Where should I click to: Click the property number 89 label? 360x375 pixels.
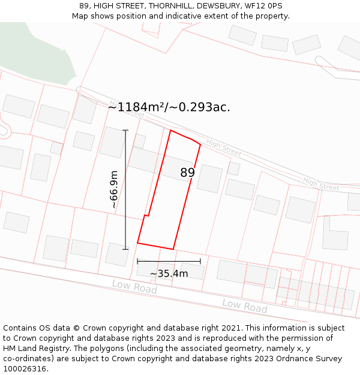point(188,173)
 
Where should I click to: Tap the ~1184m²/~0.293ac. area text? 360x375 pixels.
point(169,107)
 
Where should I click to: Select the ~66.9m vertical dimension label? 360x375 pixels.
point(113,190)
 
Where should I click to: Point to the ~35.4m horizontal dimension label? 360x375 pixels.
point(169,274)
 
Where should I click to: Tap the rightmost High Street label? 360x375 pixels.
point(321,184)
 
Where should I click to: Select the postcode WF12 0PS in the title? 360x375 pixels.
point(263,6)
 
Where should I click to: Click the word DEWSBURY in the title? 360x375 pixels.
point(218,6)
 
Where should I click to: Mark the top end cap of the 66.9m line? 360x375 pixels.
point(125,130)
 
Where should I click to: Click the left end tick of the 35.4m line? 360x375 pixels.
point(137,261)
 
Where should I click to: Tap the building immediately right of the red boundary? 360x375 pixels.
point(210,178)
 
